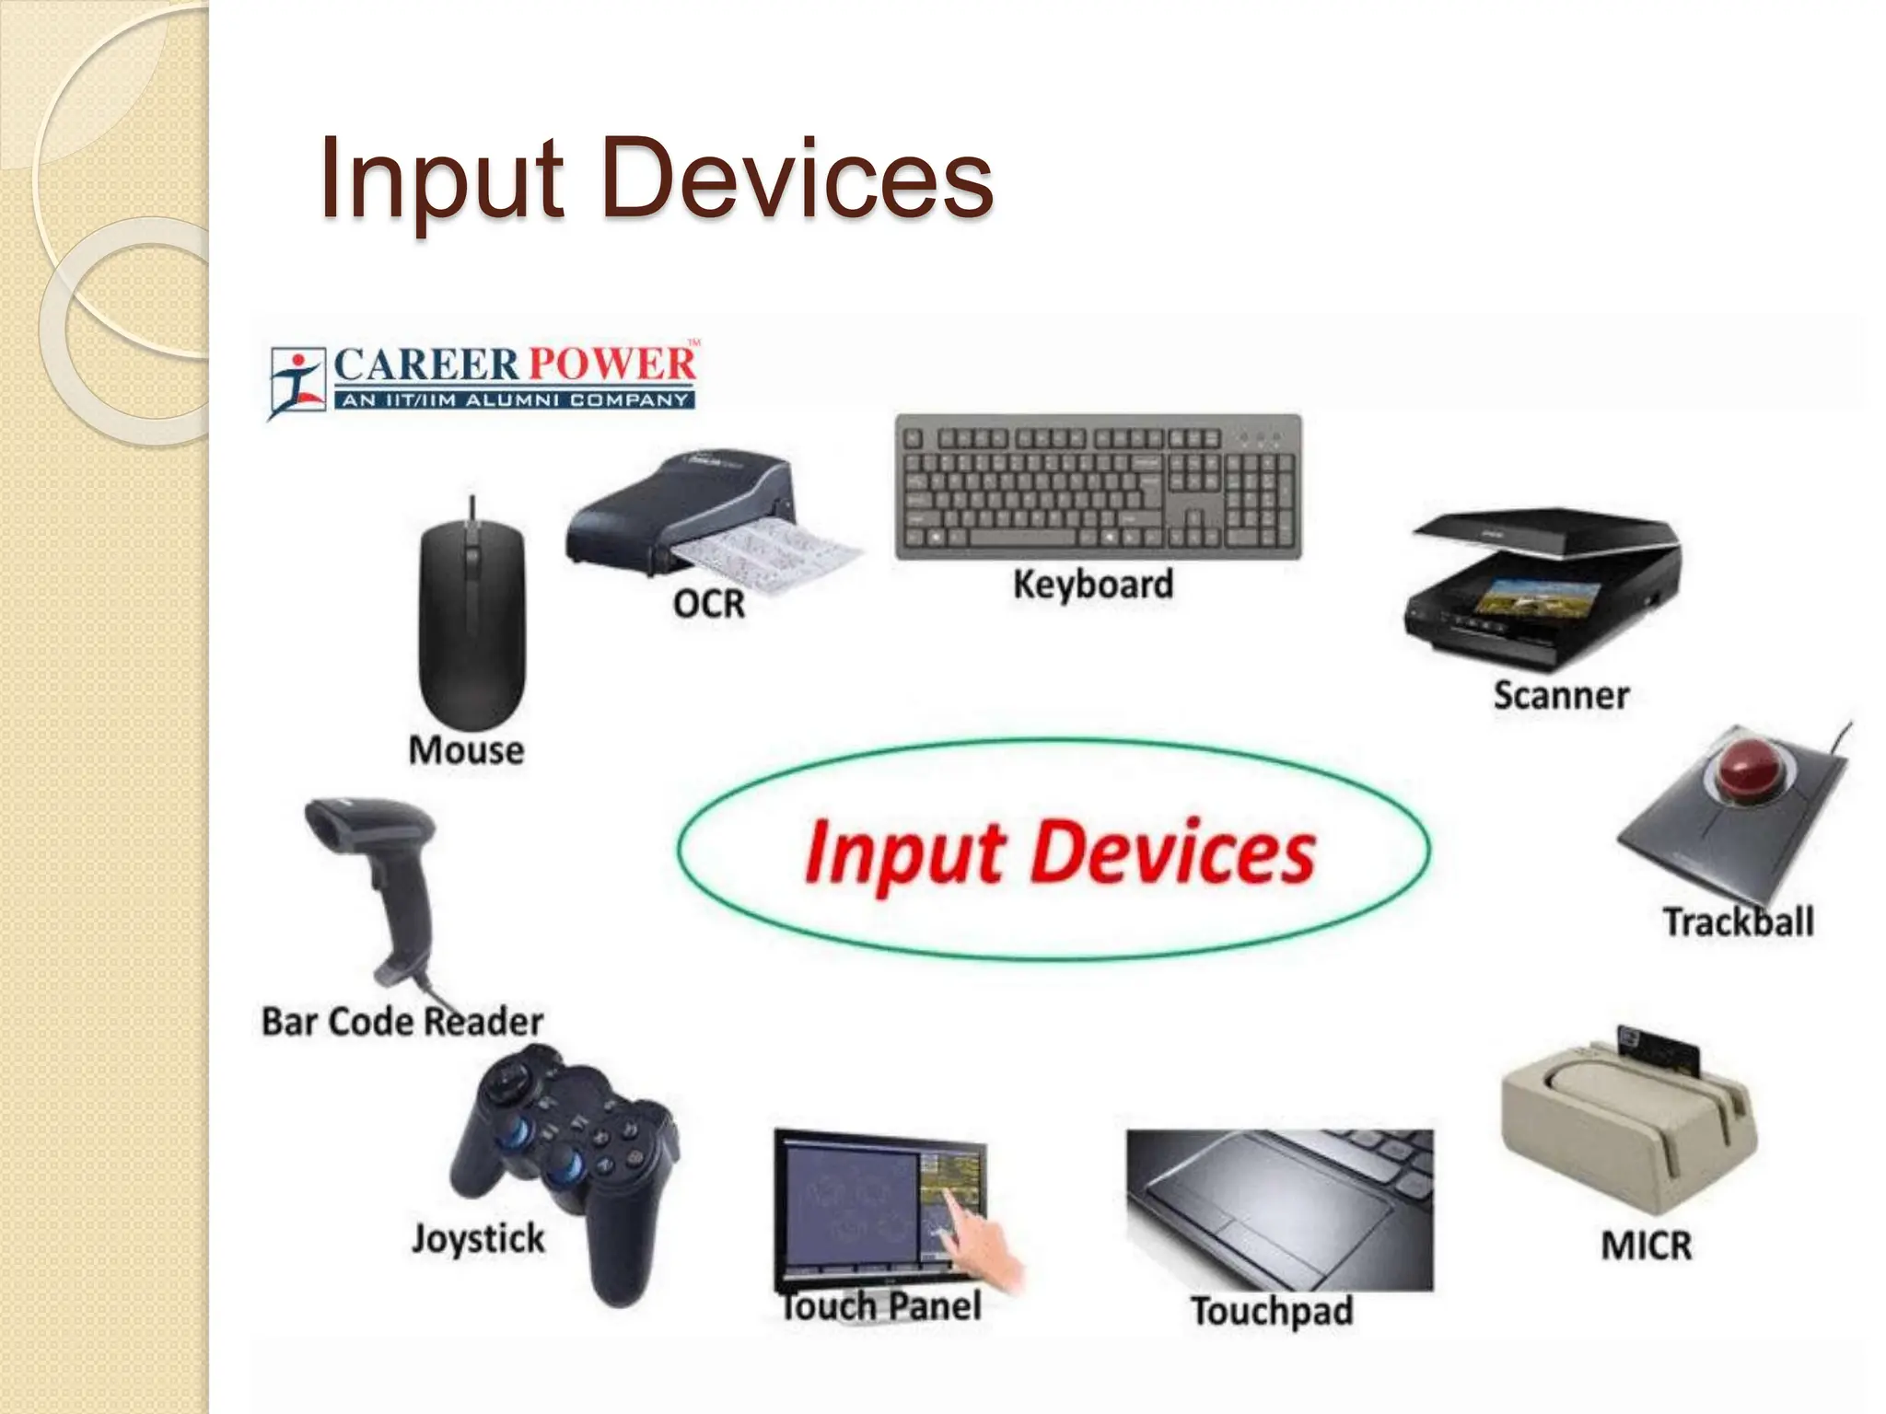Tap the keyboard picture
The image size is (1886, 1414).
tap(1099, 487)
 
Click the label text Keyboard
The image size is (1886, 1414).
tap(1093, 585)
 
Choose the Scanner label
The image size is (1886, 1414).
tap(1561, 696)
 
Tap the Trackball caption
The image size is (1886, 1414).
tap(1738, 921)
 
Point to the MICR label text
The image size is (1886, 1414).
tap(1647, 1246)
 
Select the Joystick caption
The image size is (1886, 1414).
tap(478, 1239)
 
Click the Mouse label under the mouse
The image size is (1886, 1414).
tap(466, 750)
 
